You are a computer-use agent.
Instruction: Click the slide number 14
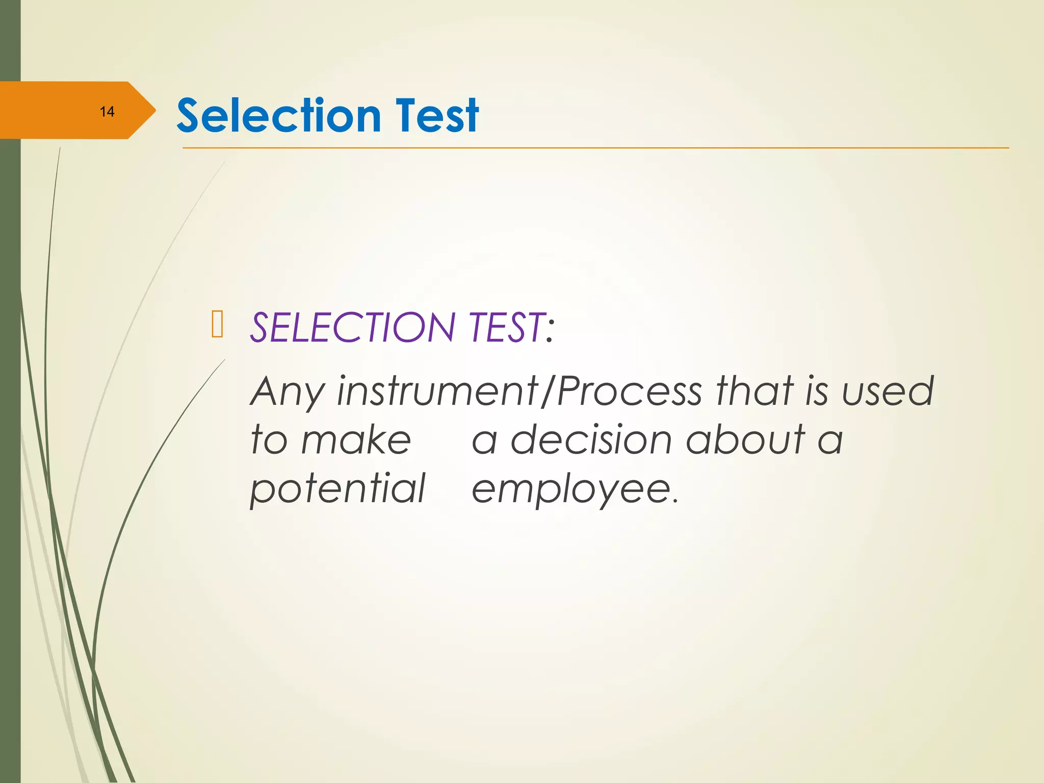[107, 112]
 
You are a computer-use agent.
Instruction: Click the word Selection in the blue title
[278, 116]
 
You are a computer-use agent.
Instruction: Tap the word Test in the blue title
[436, 116]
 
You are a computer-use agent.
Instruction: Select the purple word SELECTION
[352, 327]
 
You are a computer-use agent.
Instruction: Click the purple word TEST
[505, 327]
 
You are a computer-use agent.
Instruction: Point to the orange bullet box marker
[217, 324]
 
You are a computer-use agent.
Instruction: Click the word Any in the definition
[286, 392]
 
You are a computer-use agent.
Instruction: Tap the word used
[888, 392]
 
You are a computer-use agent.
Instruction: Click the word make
[356, 440]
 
